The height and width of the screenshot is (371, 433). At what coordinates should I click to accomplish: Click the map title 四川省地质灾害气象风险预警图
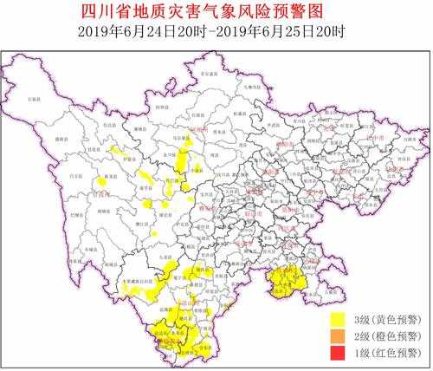216,11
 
